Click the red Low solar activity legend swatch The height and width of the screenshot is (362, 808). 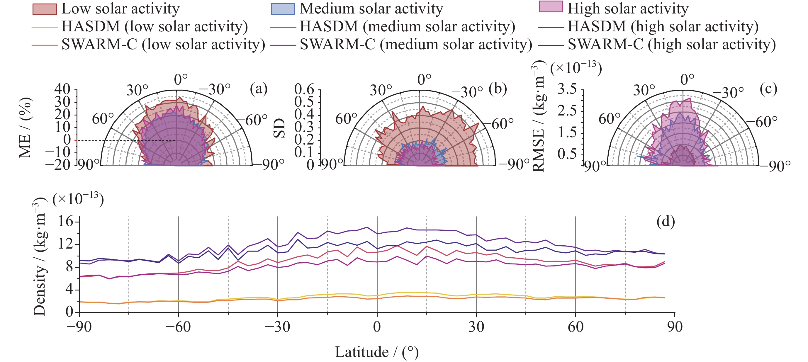(45, 9)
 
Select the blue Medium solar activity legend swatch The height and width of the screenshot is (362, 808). (283, 9)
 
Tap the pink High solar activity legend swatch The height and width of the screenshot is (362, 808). (551, 7)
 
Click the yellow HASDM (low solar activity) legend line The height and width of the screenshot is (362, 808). (45, 27)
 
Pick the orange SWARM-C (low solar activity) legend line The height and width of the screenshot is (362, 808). (45, 45)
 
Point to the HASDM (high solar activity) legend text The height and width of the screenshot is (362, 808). (663, 26)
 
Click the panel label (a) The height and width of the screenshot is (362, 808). (259, 89)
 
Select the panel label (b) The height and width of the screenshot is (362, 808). (498, 89)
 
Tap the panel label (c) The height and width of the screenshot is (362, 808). (768, 89)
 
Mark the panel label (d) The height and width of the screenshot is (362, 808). (666, 222)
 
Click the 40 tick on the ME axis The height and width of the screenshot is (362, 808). (62, 89)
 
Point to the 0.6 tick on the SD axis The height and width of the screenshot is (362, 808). (304, 89)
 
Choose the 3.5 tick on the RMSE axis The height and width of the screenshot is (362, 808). (567, 89)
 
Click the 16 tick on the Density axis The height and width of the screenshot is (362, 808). (65, 222)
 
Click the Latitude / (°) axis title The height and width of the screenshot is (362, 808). (377, 352)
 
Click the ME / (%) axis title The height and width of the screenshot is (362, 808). (25, 127)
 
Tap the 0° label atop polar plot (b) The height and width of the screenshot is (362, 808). (424, 80)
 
